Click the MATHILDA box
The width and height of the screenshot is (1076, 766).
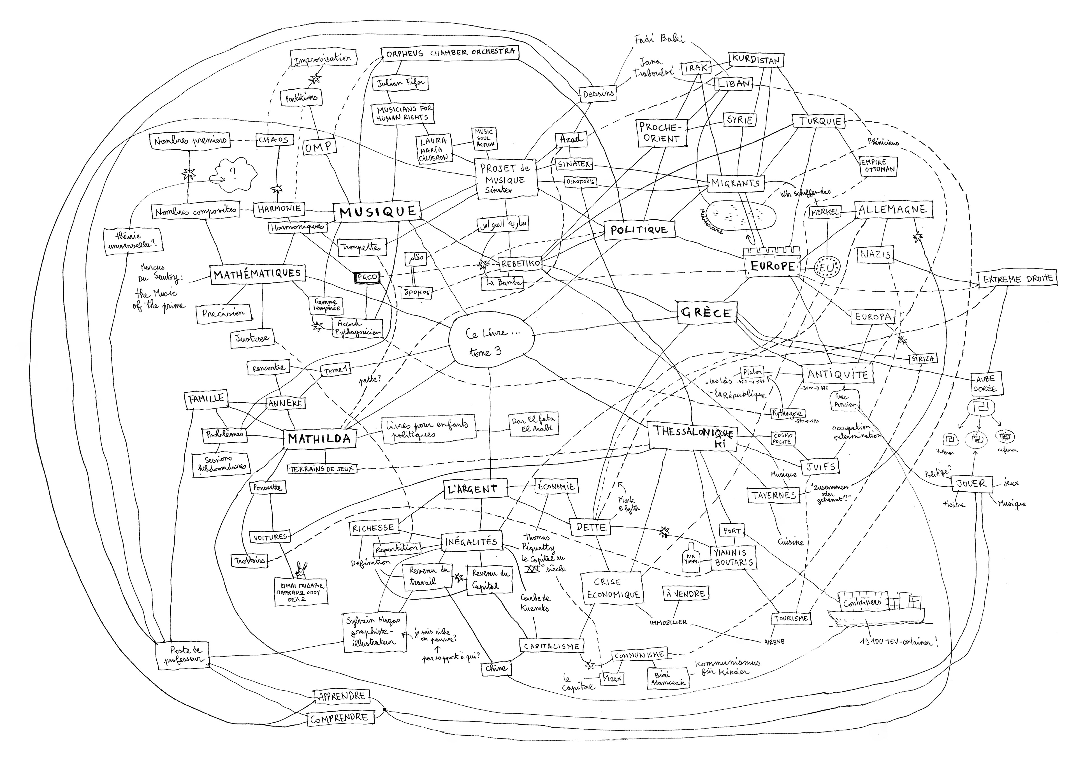click(319, 439)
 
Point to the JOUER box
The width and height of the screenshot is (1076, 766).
click(971, 484)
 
